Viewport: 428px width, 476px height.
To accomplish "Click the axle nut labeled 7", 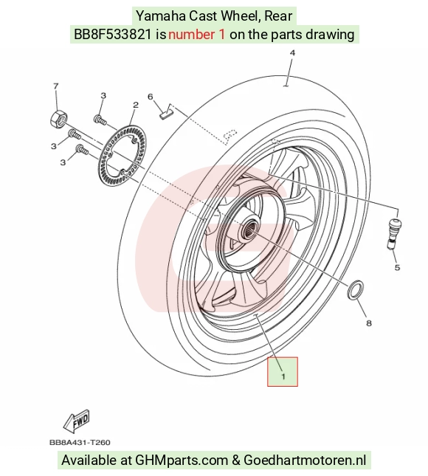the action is coord(58,119).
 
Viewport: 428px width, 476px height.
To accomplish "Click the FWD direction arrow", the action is coord(76,421).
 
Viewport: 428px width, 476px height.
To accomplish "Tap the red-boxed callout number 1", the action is coord(283,376).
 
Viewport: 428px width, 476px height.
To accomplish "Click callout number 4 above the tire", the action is coord(292,53).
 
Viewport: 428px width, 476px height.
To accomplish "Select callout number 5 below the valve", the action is coord(397,267).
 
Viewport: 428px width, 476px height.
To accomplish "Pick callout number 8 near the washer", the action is coord(369,323).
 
